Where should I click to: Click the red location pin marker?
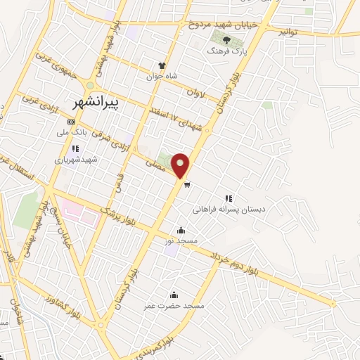[x=181, y=165]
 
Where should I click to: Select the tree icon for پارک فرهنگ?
[x=226, y=41]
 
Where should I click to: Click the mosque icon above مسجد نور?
[x=181, y=230]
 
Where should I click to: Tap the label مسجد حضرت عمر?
[x=174, y=306]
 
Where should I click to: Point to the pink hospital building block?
[x=78, y=212]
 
